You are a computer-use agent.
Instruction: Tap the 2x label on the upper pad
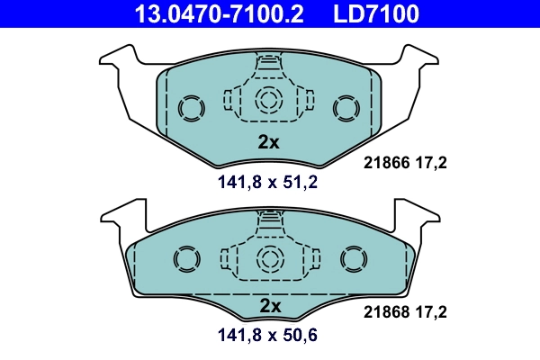(269, 142)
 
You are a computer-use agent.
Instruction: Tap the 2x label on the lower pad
(270, 306)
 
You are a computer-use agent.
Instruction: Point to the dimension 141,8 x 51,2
(268, 183)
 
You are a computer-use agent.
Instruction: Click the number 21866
(386, 163)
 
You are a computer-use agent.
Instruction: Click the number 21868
(386, 313)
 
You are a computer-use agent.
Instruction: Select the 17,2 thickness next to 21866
(431, 163)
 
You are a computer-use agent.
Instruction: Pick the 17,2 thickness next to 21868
(431, 313)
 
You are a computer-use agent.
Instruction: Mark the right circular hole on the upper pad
(346, 108)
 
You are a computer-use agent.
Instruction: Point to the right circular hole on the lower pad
(353, 261)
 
